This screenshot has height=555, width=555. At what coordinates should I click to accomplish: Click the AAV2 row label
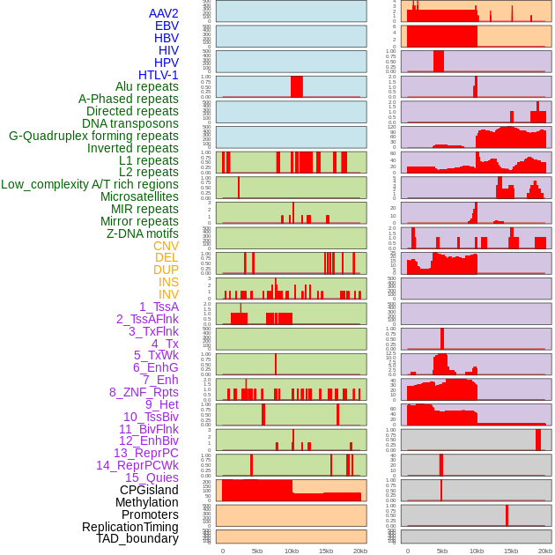point(163,14)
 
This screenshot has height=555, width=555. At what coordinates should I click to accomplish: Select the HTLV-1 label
point(158,75)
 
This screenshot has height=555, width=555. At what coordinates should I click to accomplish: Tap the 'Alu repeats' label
point(146,87)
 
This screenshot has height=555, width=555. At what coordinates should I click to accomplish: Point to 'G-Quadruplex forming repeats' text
point(93,137)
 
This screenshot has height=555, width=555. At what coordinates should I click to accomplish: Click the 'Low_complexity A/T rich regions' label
point(90,184)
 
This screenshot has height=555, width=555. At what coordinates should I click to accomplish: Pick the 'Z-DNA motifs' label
point(142,233)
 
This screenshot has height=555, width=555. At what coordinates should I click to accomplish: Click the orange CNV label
point(166,246)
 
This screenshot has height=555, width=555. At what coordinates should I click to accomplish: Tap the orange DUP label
point(166,270)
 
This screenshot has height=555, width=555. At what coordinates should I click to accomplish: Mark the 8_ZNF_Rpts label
point(144,392)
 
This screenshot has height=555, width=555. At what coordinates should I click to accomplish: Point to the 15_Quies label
point(152,477)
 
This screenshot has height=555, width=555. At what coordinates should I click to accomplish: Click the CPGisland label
point(149,490)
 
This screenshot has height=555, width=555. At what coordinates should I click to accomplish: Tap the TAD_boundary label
point(137,538)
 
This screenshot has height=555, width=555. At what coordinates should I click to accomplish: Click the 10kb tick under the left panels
point(292,551)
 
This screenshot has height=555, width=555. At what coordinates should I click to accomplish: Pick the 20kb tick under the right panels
point(545,551)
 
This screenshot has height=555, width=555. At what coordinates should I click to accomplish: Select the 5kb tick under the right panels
point(442,551)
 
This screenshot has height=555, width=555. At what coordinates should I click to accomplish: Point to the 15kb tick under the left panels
point(326,551)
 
